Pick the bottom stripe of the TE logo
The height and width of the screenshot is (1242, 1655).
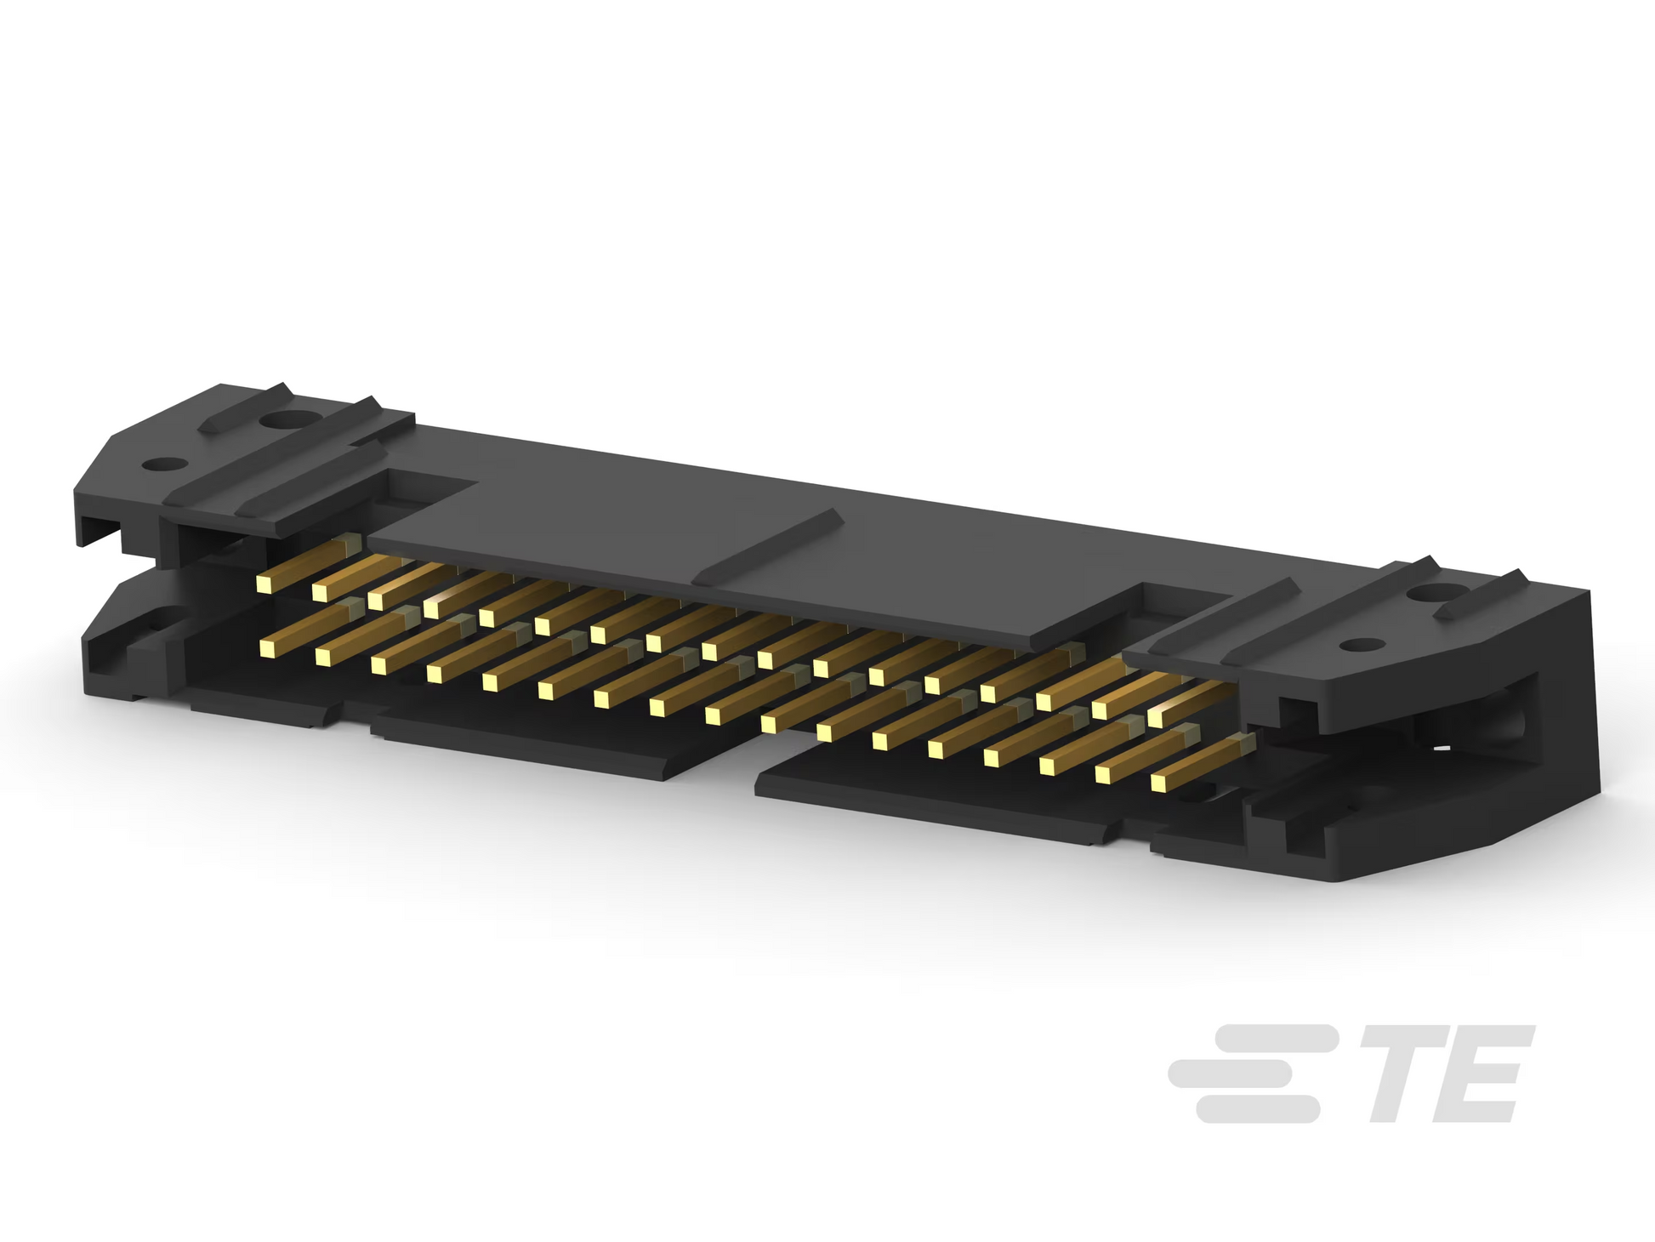pos(1258,1108)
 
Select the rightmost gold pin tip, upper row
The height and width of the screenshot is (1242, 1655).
pos(1156,718)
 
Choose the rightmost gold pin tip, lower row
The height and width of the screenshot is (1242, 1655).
pos(1160,783)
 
